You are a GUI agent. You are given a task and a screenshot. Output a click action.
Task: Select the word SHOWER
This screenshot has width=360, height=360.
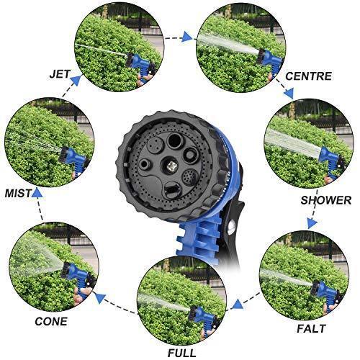pos(325,200)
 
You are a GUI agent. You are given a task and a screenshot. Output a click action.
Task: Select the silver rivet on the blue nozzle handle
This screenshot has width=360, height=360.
pos(230,228)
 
